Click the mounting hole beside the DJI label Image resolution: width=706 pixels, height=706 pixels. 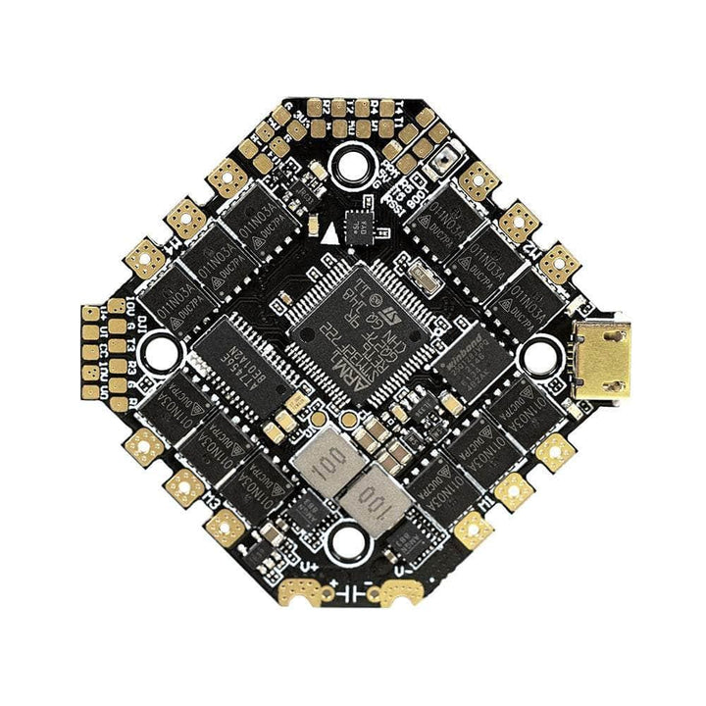pyautogui.click(x=161, y=352)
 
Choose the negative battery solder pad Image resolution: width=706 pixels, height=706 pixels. pyautogui.click(x=405, y=591)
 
